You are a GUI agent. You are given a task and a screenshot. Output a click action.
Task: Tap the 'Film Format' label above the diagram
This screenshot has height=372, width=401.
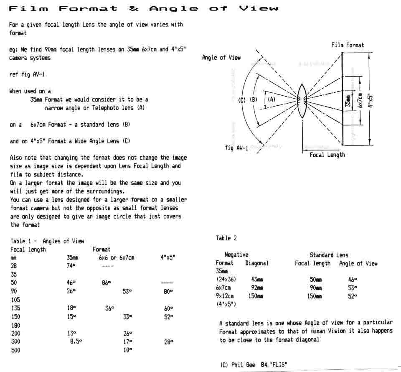[x=348, y=45]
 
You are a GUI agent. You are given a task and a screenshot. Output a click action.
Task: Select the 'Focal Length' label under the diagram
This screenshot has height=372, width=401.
[x=327, y=155]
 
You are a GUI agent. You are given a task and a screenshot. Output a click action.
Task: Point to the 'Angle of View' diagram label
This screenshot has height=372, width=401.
[x=221, y=58]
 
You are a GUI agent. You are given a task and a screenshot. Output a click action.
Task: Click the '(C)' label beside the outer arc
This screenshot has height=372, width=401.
[x=241, y=100]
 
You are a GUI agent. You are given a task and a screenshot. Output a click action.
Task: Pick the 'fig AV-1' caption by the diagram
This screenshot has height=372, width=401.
[x=236, y=148]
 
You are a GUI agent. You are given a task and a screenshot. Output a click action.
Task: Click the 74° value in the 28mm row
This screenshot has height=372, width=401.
[x=71, y=266]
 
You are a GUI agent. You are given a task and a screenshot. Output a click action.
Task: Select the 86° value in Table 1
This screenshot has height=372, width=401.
[x=106, y=283]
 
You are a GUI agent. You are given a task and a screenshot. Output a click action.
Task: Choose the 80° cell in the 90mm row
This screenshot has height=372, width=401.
[x=168, y=291]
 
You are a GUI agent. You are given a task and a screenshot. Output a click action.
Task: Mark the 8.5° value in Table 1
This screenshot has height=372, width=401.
[x=76, y=341]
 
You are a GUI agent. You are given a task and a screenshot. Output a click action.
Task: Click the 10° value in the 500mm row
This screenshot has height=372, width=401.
[x=127, y=350]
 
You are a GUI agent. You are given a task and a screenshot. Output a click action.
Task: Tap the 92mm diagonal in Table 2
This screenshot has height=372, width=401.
[x=255, y=288]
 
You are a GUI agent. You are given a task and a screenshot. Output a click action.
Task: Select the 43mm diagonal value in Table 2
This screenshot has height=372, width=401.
[x=255, y=280]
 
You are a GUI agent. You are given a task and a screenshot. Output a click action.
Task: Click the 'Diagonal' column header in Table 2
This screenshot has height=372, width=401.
[x=256, y=263]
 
